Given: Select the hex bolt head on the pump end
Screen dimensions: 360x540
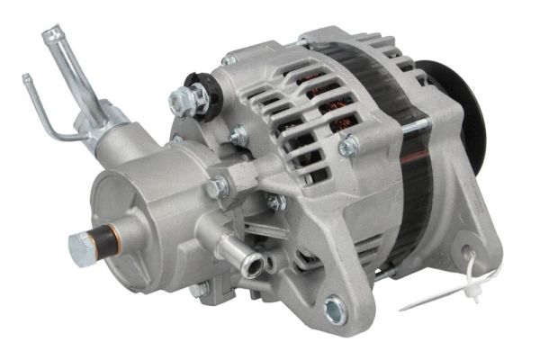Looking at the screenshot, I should tap(78, 242).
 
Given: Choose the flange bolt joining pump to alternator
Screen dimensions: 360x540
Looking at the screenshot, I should tap(217, 187).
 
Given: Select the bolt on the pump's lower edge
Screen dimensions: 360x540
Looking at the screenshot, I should tap(200, 288).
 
